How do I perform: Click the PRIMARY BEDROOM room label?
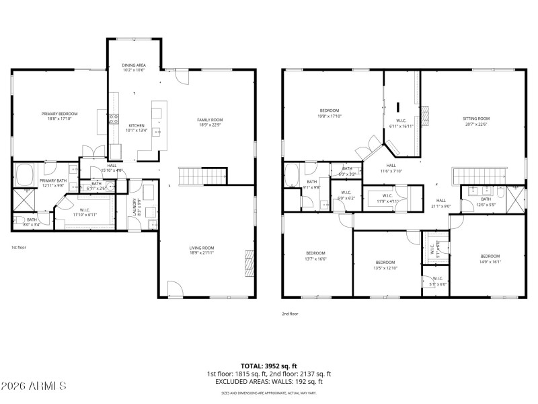click(x=59, y=114)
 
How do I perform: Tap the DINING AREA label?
click(x=134, y=65)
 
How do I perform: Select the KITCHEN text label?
click(x=137, y=126)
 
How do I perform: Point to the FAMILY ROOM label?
click(x=210, y=119)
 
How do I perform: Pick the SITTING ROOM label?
click(x=475, y=119)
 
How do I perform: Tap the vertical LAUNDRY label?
click(x=135, y=205)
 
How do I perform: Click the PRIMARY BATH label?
click(x=52, y=180)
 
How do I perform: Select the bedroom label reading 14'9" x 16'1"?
click(x=490, y=263)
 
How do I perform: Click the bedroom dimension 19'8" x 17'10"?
click(x=330, y=116)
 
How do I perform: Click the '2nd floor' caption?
click(x=291, y=314)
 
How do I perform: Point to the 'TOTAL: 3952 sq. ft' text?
click(x=268, y=366)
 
